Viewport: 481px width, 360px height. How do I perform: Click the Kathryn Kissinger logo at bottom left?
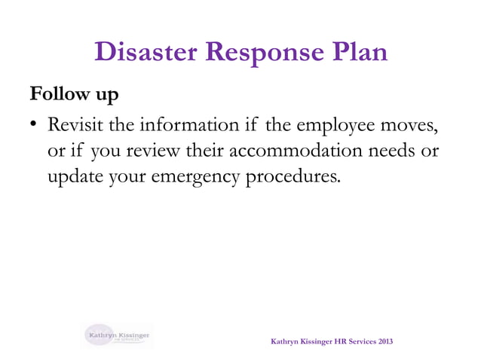click(x=118, y=334)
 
